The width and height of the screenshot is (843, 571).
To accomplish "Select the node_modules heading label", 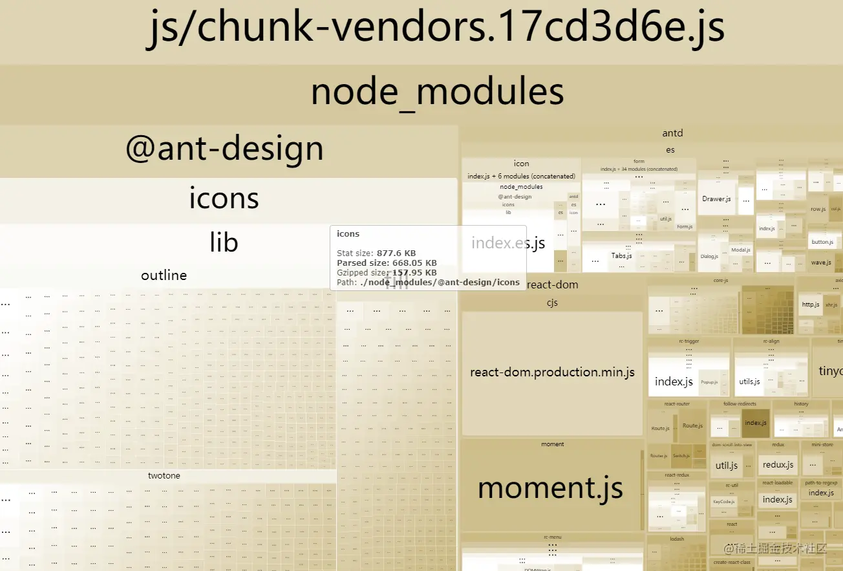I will pyautogui.click(x=437, y=92).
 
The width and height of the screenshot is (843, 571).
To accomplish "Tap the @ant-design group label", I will pyautogui.click(x=224, y=149).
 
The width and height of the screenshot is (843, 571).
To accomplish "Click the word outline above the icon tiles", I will pyautogui.click(x=164, y=275).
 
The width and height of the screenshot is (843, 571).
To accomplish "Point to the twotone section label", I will pyautogui.click(x=164, y=476).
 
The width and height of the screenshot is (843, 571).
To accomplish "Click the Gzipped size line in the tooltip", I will pyautogui.click(x=387, y=273).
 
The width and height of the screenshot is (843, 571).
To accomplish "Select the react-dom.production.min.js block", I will pyautogui.click(x=552, y=372).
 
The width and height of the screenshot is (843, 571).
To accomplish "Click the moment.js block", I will pyautogui.click(x=550, y=488).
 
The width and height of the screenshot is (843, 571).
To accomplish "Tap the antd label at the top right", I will pyautogui.click(x=672, y=133).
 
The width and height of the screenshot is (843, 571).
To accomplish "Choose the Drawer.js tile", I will pyautogui.click(x=716, y=199).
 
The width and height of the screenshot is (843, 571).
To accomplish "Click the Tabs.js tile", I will pyautogui.click(x=621, y=256).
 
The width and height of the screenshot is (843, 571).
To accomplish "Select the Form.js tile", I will pyautogui.click(x=685, y=227).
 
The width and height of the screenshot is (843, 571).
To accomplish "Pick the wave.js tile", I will pyautogui.click(x=821, y=262).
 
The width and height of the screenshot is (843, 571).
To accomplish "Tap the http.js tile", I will pyautogui.click(x=811, y=305).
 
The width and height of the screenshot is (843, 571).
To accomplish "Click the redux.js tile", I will pyautogui.click(x=778, y=465).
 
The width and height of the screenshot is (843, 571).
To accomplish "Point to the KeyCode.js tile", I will pyautogui.click(x=723, y=501).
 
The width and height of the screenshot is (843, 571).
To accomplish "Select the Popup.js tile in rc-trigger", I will pyautogui.click(x=709, y=382).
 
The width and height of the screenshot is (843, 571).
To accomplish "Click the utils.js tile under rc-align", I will pyautogui.click(x=749, y=382).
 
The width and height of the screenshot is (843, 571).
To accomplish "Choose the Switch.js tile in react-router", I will pyautogui.click(x=681, y=456).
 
